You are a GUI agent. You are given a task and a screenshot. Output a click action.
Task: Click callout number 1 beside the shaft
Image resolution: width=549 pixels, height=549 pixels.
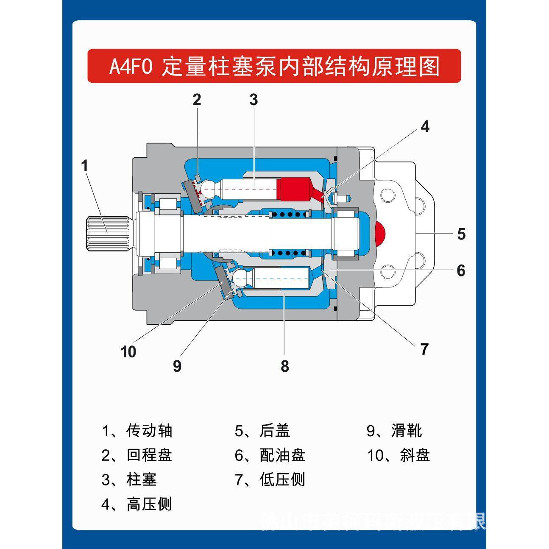(x=85, y=166)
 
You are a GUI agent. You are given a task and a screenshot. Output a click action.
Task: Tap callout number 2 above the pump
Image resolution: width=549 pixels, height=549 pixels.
(x=196, y=100)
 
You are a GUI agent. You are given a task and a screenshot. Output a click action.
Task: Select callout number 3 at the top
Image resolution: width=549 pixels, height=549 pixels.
(x=254, y=100)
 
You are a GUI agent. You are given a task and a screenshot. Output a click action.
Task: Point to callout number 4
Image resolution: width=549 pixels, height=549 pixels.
(x=425, y=126)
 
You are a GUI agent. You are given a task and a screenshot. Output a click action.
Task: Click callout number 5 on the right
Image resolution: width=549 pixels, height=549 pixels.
(x=461, y=234)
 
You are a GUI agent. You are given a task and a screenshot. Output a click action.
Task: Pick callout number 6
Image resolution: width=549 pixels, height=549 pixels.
(x=461, y=270)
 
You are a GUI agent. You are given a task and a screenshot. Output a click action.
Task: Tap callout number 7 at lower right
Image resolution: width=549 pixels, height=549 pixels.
(x=424, y=349)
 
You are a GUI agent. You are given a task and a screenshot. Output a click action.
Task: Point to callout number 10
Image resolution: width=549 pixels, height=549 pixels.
(x=128, y=352)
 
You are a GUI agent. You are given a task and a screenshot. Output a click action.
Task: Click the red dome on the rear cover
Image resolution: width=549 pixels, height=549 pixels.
(x=380, y=233)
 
